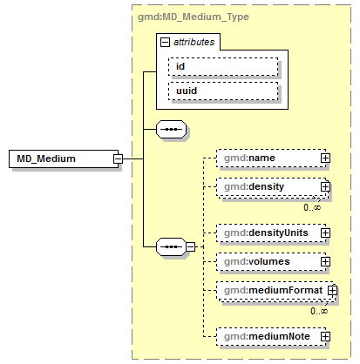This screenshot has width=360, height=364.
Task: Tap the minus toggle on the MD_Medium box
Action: click(x=117, y=158)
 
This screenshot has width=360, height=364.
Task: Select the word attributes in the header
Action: click(x=194, y=41)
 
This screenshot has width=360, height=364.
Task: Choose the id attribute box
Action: click(x=223, y=66)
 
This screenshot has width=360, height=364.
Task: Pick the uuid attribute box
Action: click(x=223, y=91)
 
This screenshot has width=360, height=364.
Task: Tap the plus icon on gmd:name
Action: click(x=325, y=158)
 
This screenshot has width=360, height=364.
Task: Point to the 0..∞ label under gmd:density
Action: click(x=313, y=207)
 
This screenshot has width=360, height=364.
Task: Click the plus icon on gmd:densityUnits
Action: click(x=325, y=233)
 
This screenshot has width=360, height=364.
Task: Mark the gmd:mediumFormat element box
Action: click(x=270, y=289)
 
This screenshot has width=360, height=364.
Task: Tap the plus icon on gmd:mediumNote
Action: click(x=325, y=335)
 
